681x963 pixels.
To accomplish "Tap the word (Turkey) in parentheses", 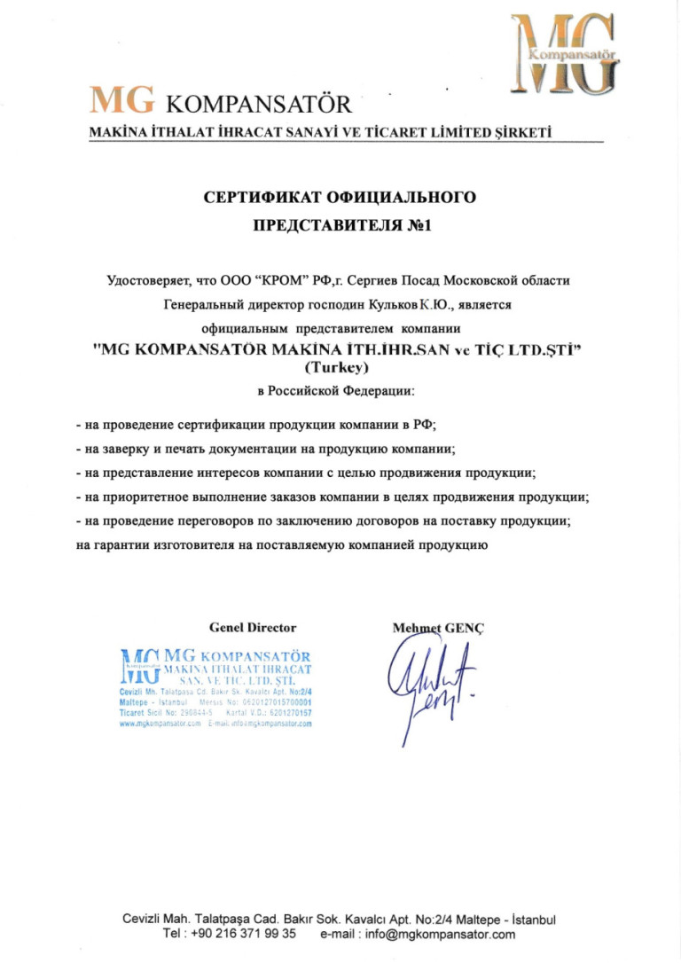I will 340,365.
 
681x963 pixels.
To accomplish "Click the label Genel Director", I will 253,628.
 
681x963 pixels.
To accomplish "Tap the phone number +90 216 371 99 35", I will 243,934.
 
